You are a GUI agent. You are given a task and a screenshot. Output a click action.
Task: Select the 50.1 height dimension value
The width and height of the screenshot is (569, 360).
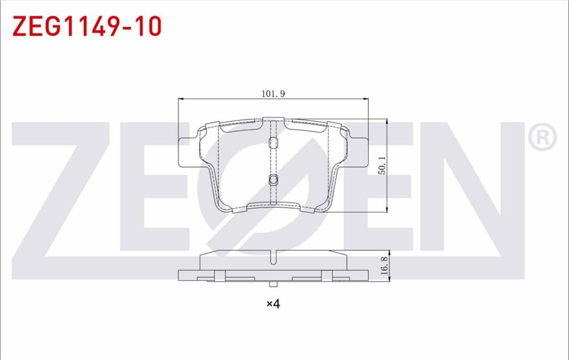(382, 165)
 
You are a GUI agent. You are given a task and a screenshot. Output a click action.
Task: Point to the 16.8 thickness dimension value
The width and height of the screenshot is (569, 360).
(384, 265)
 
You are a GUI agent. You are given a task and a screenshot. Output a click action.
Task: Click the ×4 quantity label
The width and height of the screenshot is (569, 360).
(273, 304)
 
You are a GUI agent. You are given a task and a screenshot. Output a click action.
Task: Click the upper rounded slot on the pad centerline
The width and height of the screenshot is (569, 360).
(273, 142)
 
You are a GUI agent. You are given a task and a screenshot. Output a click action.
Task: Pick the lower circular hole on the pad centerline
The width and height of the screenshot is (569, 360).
(273, 180)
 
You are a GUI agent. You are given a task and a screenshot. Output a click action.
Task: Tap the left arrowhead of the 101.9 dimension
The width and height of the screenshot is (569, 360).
(182, 100)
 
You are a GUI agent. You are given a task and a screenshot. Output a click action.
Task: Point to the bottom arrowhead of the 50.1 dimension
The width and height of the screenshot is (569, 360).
(387, 209)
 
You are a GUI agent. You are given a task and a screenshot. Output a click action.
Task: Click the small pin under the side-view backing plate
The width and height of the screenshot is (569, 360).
(274, 284)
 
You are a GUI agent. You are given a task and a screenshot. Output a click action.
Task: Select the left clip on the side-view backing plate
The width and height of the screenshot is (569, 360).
(220, 276)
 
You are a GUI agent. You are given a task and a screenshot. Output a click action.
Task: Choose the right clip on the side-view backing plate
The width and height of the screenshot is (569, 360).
(327, 276)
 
